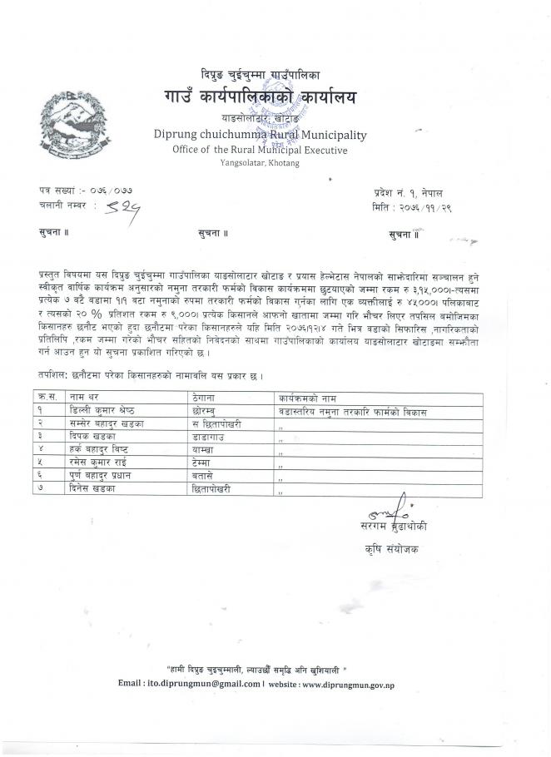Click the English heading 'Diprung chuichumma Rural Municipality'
click(x=260, y=135)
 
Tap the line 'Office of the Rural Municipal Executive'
click(x=260, y=150)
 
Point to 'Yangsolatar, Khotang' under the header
click(x=260, y=163)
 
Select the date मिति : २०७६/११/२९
click(x=412, y=205)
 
